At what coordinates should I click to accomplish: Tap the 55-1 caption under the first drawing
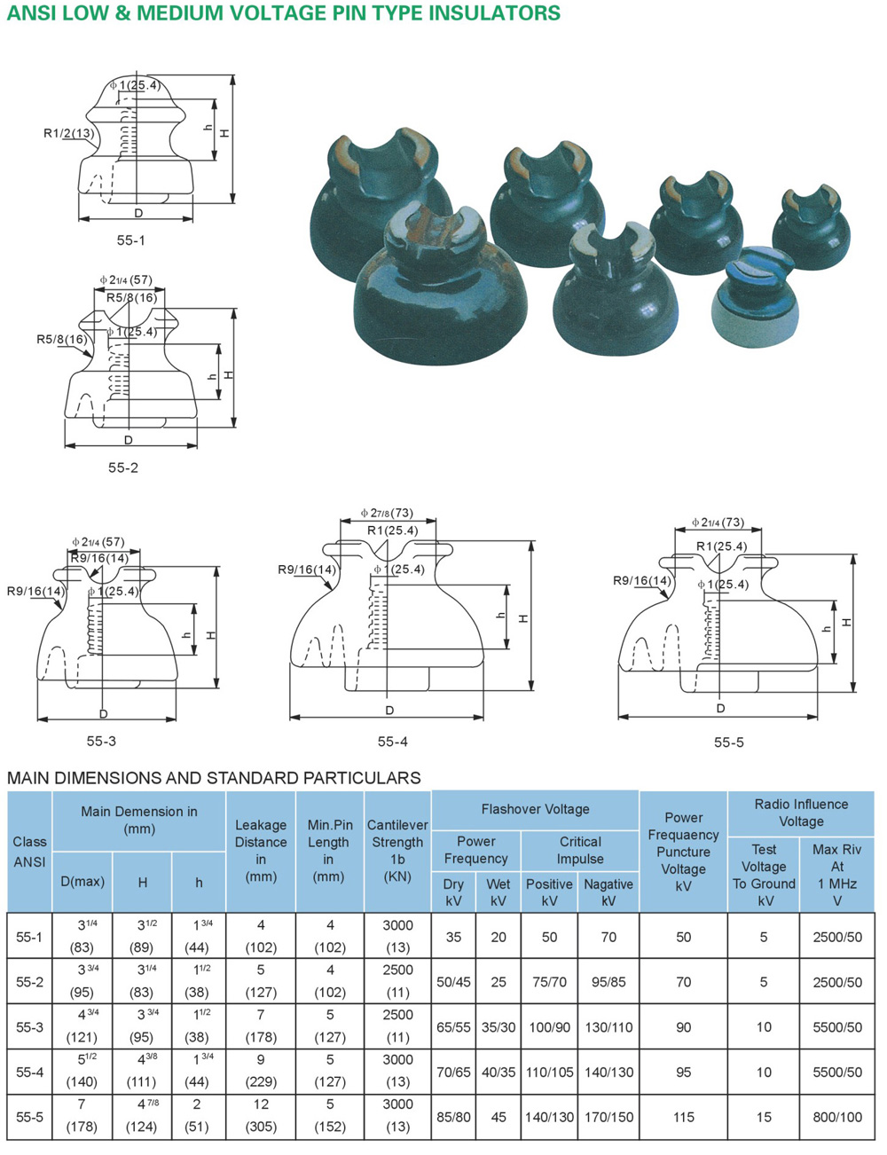pos(130,240)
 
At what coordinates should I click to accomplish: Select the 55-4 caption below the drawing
pos(392,742)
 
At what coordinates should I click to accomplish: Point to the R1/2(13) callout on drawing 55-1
pos(68,133)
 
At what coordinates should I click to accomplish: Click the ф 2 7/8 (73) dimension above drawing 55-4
pos(387,513)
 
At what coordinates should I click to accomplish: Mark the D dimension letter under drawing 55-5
pos(720,708)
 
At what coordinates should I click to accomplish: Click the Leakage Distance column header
pos(261,851)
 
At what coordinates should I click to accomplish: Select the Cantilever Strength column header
pos(397,851)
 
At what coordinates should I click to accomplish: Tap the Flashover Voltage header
pos(535,810)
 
